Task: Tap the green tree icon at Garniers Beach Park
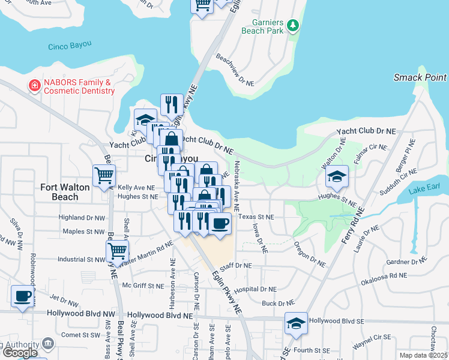click(x=292, y=25)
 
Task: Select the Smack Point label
click(x=420, y=77)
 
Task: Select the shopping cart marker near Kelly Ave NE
click(x=104, y=176)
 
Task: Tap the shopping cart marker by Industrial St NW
click(x=117, y=250)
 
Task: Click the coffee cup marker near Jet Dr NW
click(x=23, y=296)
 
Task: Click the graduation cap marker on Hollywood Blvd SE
click(x=296, y=323)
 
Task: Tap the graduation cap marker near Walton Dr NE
click(x=337, y=176)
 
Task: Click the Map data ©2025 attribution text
click(x=424, y=355)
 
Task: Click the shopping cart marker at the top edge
click(x=202, y=5)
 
